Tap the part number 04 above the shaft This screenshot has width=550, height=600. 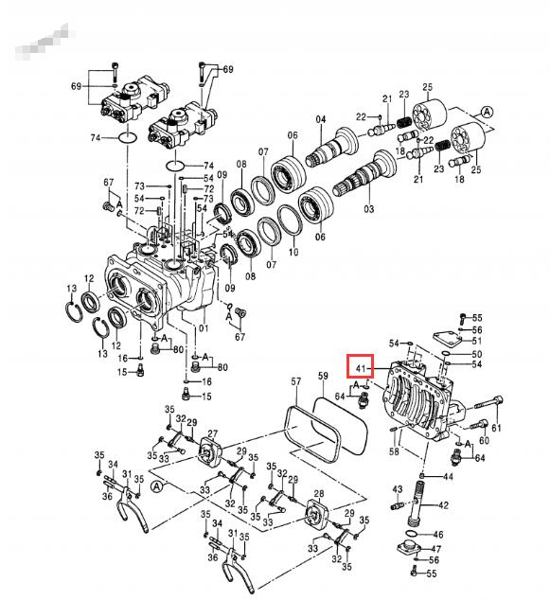[320, 119]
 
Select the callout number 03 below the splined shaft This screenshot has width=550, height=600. [369, 207]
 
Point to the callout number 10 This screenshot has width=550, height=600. [293, 253]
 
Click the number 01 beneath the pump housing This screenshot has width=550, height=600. [201, 328]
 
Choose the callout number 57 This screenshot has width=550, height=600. [295, 382]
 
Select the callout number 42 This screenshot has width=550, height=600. [443, 505]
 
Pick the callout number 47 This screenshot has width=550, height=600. [436, 549]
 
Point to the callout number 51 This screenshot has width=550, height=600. [477, 341]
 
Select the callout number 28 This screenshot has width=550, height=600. [318, 494]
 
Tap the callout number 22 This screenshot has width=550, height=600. [361, 116]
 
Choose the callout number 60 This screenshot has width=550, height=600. [484, 440]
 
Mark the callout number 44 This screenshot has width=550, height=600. [448, 477]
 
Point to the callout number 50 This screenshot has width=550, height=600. [477, 353]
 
